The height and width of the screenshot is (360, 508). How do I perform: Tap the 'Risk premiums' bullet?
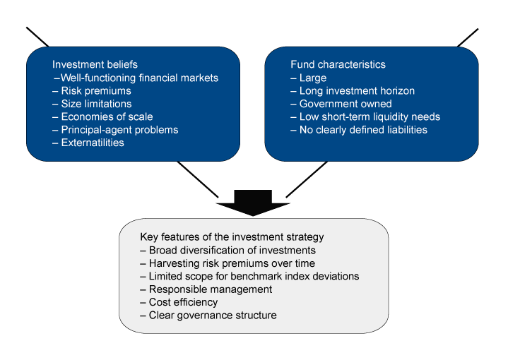point(96,91)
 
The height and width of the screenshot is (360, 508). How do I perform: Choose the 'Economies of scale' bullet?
point(107,116)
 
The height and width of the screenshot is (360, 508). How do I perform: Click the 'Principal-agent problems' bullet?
point(119,130)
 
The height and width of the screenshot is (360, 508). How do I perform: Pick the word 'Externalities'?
point(93,143)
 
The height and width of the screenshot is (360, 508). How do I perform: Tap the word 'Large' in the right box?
point(312,78)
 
